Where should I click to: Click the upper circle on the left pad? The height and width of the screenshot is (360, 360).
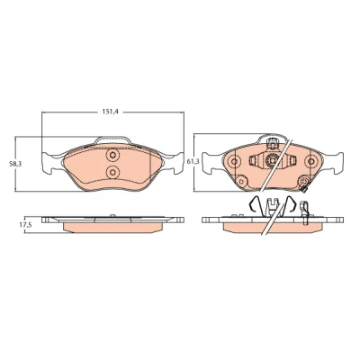click(x=112, y=156)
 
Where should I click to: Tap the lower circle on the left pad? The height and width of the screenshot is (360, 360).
click(x=112, y=172)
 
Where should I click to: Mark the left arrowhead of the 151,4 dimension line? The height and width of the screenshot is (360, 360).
click(x=43, y=112)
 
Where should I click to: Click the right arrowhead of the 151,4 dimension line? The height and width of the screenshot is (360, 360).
click(x=182, y=112)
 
